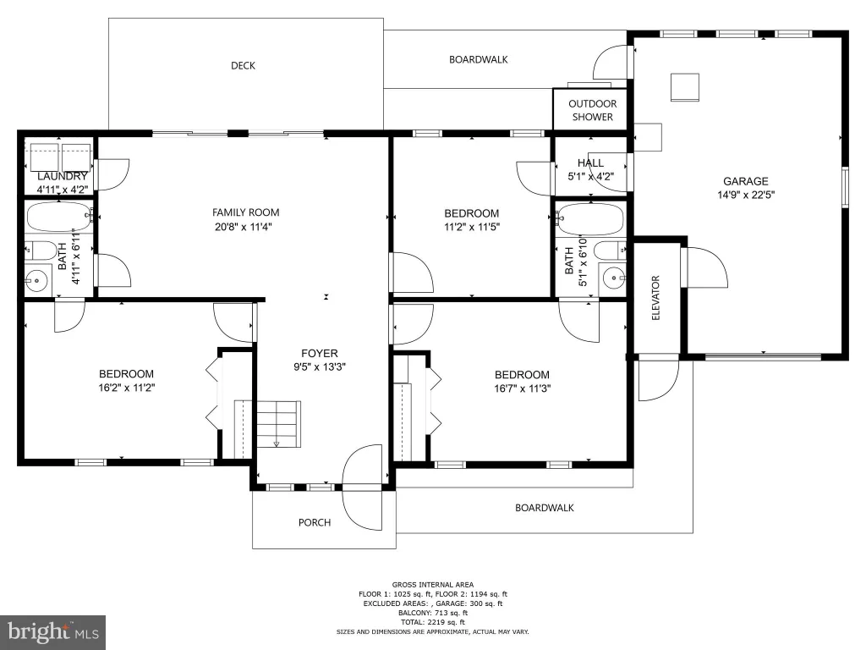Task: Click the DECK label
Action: point(243,66)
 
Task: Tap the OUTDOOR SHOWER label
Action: point(593,110)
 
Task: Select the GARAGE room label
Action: point(746,181)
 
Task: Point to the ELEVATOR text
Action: point(656,297)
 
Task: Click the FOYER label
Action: point(319,353)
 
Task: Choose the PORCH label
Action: point(315,522)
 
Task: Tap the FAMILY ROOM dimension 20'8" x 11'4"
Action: point(243,227)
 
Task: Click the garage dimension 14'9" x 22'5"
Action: point(746,195)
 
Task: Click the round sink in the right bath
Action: point(614,278)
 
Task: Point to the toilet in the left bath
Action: point(40,251)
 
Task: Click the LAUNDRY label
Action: point(63,176)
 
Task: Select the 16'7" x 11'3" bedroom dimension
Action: point(522,388)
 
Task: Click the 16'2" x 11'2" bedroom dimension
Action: point(127,388)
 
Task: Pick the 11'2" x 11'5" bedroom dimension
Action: point(472,227)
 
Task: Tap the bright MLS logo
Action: point(53,632)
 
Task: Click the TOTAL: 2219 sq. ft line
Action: point(433,622)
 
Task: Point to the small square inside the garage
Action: point(685,87)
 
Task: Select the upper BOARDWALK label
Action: point(479,60)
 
